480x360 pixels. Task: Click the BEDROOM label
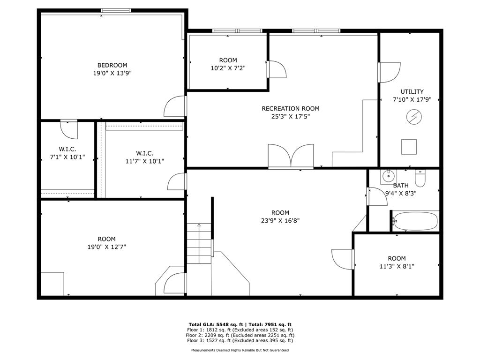click(x=112, y=65)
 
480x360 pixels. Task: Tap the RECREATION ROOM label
click(x=291, y=109)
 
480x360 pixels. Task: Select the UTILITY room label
click(x=412, y=91)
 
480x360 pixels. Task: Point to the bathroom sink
click(x=388, y=177)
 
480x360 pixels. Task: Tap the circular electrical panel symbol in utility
click(x=412, y=117)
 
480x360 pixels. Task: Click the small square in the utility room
click(x=409, y=147)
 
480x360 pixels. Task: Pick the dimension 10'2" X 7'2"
click(x=228, y=68)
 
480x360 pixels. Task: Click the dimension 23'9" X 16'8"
click(x=280, y=220)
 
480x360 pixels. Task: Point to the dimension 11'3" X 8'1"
click(x=397, y=266)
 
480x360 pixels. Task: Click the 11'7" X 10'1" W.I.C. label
click(x=144, y=161)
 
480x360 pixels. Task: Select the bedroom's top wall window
click(x=116, y=10)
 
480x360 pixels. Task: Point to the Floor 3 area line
click(x=240, y=341)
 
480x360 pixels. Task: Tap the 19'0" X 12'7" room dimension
click(x=106, y=247)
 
